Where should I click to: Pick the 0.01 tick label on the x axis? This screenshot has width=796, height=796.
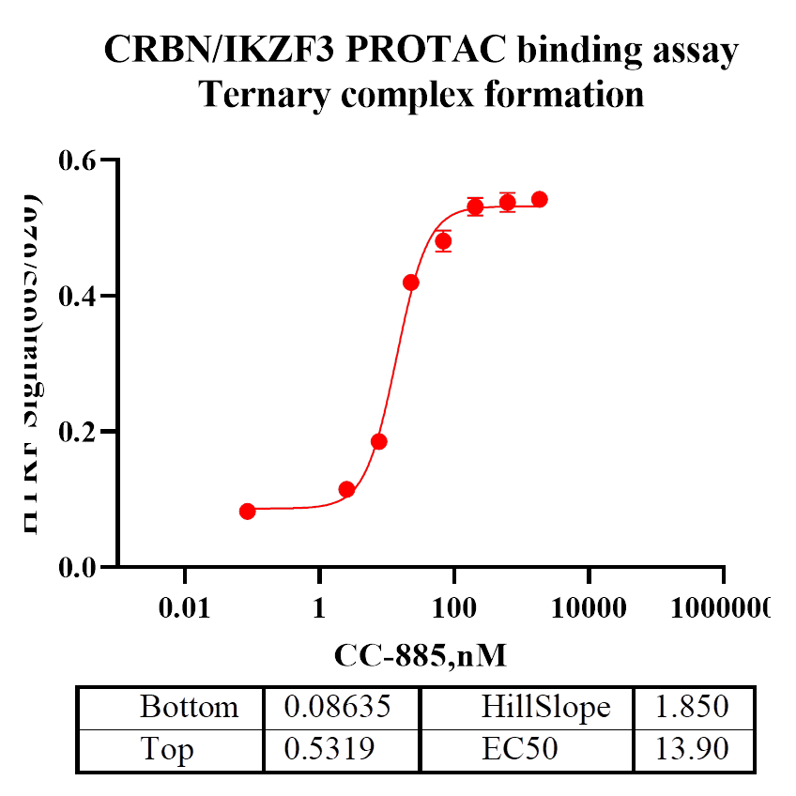click(x=184, y=608)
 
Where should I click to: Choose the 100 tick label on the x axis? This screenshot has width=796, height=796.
click(x=453, y=608)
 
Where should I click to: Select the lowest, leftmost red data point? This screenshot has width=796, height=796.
click(x=248, y=512)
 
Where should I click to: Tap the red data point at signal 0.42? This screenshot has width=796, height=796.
click(x=411, y=283)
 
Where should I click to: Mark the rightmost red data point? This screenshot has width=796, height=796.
click(x=540, y=199)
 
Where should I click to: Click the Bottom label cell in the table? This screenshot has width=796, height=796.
click(x=189, y=707)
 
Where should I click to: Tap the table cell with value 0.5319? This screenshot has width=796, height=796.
click(x=329, y=750)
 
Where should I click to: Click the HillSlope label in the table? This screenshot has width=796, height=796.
click(x=546, y=707)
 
